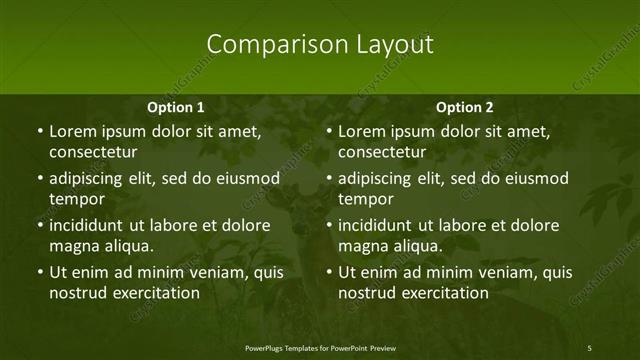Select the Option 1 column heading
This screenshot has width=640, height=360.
pos(176,107)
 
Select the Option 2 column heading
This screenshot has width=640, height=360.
pos(465,107)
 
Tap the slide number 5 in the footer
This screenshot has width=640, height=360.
pos(590,347)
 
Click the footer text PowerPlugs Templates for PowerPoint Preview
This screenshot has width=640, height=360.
pos(319,347)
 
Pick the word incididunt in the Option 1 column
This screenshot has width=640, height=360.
pos(93,225)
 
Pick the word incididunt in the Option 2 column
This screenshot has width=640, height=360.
pos(382,225)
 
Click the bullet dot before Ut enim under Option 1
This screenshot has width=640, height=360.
pos(39,272)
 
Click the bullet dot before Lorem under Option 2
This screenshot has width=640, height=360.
pos(328,131)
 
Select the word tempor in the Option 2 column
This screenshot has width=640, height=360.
pos(365,199)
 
